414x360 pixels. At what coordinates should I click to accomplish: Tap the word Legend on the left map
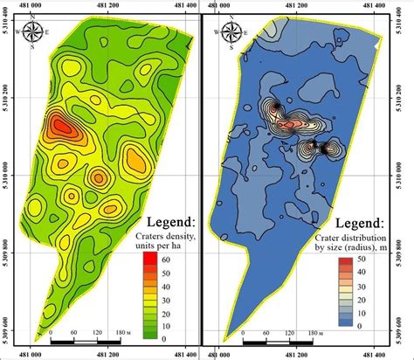pos(169,221)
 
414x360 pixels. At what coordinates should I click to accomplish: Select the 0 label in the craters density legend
pos(166,335)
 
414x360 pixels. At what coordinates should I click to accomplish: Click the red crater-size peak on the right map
pos(286,125)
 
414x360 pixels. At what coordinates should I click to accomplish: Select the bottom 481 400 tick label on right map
pos(383,353)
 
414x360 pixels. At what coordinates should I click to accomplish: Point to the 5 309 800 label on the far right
pos(408,238)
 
